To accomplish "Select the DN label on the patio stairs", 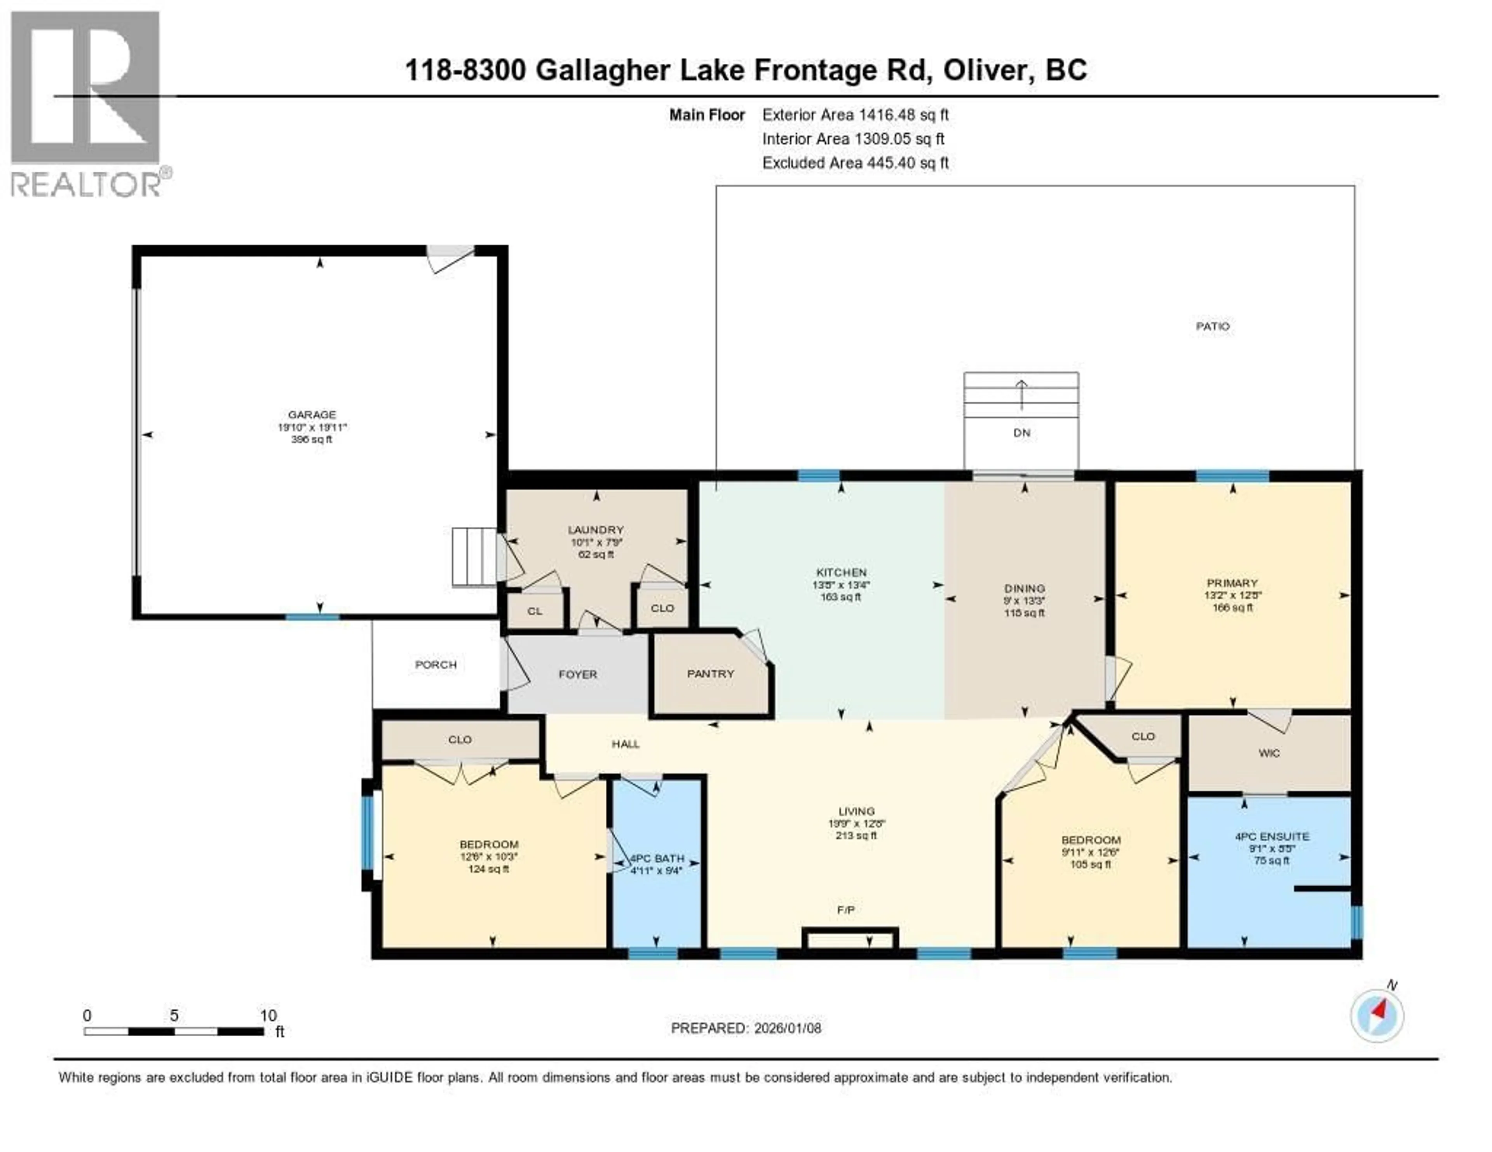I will [x=1021, y=433].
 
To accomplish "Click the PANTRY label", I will [x=711, y=673].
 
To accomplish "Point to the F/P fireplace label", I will [x=846, y=910].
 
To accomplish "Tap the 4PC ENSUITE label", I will [x=1272, y=836].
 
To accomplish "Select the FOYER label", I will [x=578, y=674].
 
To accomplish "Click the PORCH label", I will [x=436, y=665].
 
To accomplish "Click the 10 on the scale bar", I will [x=268, y=1015].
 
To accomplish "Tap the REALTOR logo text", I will [x=85, y=184].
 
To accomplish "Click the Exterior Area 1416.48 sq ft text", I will [x=855, y=115].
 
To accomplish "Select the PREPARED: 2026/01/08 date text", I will [x=746, y=1028].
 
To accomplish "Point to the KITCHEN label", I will [x=841, y=572].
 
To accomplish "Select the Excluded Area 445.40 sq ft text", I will [x=855, y=162].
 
